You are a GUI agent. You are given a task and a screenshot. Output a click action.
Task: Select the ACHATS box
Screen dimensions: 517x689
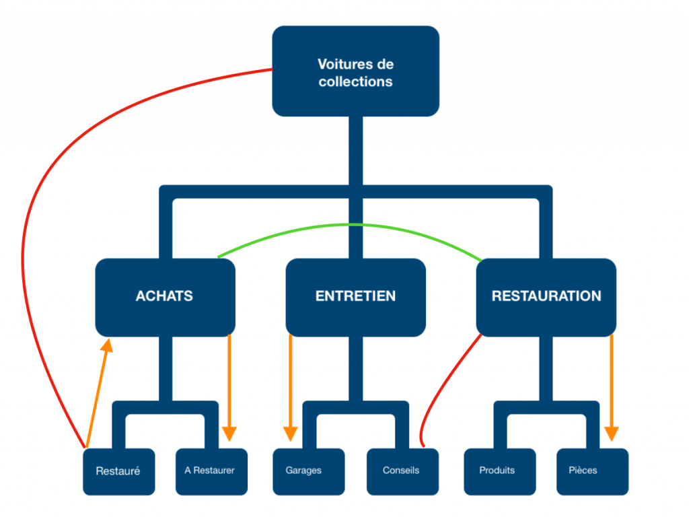click(165, 296)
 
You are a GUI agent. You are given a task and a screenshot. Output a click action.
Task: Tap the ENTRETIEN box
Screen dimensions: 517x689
click(355, 296)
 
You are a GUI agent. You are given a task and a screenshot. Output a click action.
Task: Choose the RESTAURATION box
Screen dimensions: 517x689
click(546, 296)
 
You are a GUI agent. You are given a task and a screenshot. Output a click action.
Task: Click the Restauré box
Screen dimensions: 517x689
click(118, 471)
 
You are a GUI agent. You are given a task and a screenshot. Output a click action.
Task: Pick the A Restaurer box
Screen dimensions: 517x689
click(210, 471)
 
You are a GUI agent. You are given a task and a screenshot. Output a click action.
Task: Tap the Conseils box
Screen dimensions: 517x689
click(401, 471)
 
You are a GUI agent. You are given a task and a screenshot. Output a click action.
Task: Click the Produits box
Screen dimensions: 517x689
click(497, 471)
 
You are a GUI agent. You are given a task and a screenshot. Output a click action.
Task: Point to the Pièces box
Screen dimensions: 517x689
click(591, 471)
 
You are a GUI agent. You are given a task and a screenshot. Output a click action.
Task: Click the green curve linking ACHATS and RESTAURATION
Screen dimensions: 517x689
click(350, 225)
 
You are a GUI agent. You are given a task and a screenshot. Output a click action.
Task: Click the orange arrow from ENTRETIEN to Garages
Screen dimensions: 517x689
click(291, 384)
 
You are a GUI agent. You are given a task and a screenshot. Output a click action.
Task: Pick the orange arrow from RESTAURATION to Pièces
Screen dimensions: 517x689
click(611, 384)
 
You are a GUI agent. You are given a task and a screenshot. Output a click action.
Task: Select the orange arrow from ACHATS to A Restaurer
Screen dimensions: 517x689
click(230, 384)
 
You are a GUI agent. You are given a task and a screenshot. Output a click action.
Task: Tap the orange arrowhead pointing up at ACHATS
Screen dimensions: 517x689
click(106, 345)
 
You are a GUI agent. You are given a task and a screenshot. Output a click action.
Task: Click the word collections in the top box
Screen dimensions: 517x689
click(355, 81)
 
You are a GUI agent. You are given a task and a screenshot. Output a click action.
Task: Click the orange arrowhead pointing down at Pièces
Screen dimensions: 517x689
click(611, 434)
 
